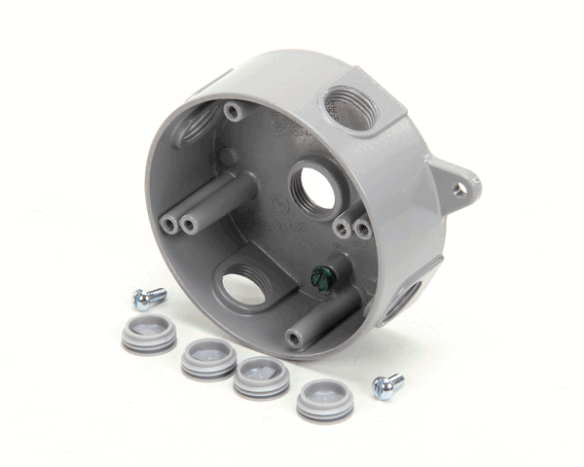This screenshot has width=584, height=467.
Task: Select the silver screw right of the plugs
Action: (x=388, y=386)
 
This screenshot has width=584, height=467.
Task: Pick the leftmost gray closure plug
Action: (x=149, y=333)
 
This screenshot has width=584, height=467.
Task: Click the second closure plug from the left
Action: (x=207, y=357)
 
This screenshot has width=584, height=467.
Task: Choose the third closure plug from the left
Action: (x=261, y=374)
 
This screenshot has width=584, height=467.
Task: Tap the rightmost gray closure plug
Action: (x=325, y=397)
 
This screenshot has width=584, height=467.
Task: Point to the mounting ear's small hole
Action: (x=458, y=191)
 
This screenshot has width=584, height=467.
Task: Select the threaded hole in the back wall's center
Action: (x=312, y=187)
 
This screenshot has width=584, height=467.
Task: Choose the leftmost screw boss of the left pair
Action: (x=169, y=225)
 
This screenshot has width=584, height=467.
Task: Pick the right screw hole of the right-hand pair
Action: (x=362, y=230)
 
